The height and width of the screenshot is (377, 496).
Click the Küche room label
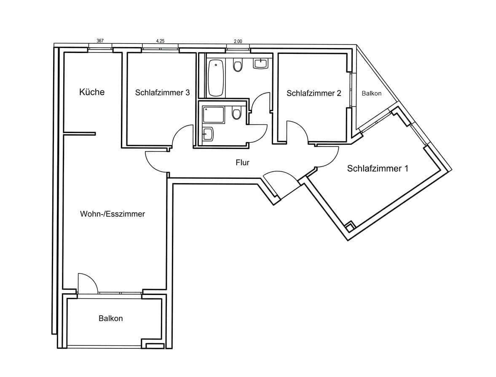[91, 92]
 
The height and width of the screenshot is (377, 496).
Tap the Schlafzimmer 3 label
[162, 93]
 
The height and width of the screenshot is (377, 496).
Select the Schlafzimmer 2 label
[314, 93]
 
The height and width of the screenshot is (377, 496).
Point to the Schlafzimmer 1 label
[378, 168]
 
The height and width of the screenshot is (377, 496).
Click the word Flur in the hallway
[242, 162]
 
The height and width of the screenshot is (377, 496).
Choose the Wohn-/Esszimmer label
[113, 214]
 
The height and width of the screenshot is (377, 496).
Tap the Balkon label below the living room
[110, 319]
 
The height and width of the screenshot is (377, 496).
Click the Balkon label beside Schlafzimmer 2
[371, 93]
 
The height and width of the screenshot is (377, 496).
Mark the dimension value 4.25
[160, 41]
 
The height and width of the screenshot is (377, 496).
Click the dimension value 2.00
[238, 41]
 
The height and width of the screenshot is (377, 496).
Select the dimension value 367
[100, 41]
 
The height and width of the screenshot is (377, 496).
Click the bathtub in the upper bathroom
[216, 78]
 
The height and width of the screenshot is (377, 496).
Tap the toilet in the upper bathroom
[238, 66]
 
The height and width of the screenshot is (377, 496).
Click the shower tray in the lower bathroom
[214, 115]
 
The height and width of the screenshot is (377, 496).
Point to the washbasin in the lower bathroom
[208, 134]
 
